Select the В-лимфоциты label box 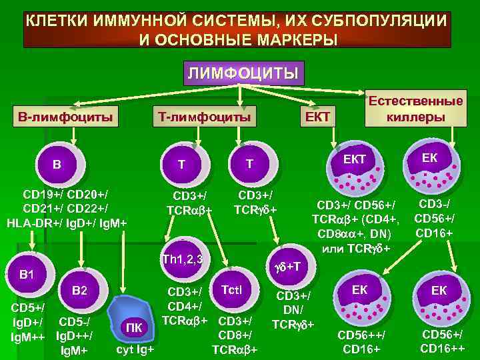tap(66, 117)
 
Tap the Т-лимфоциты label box tap(204, 117)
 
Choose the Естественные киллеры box tap(415, 109)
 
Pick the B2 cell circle tap(79, 291)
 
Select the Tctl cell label tap(234, 289)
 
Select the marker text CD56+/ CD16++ tap(444, 341)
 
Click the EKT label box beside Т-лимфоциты tap(318, 117)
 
